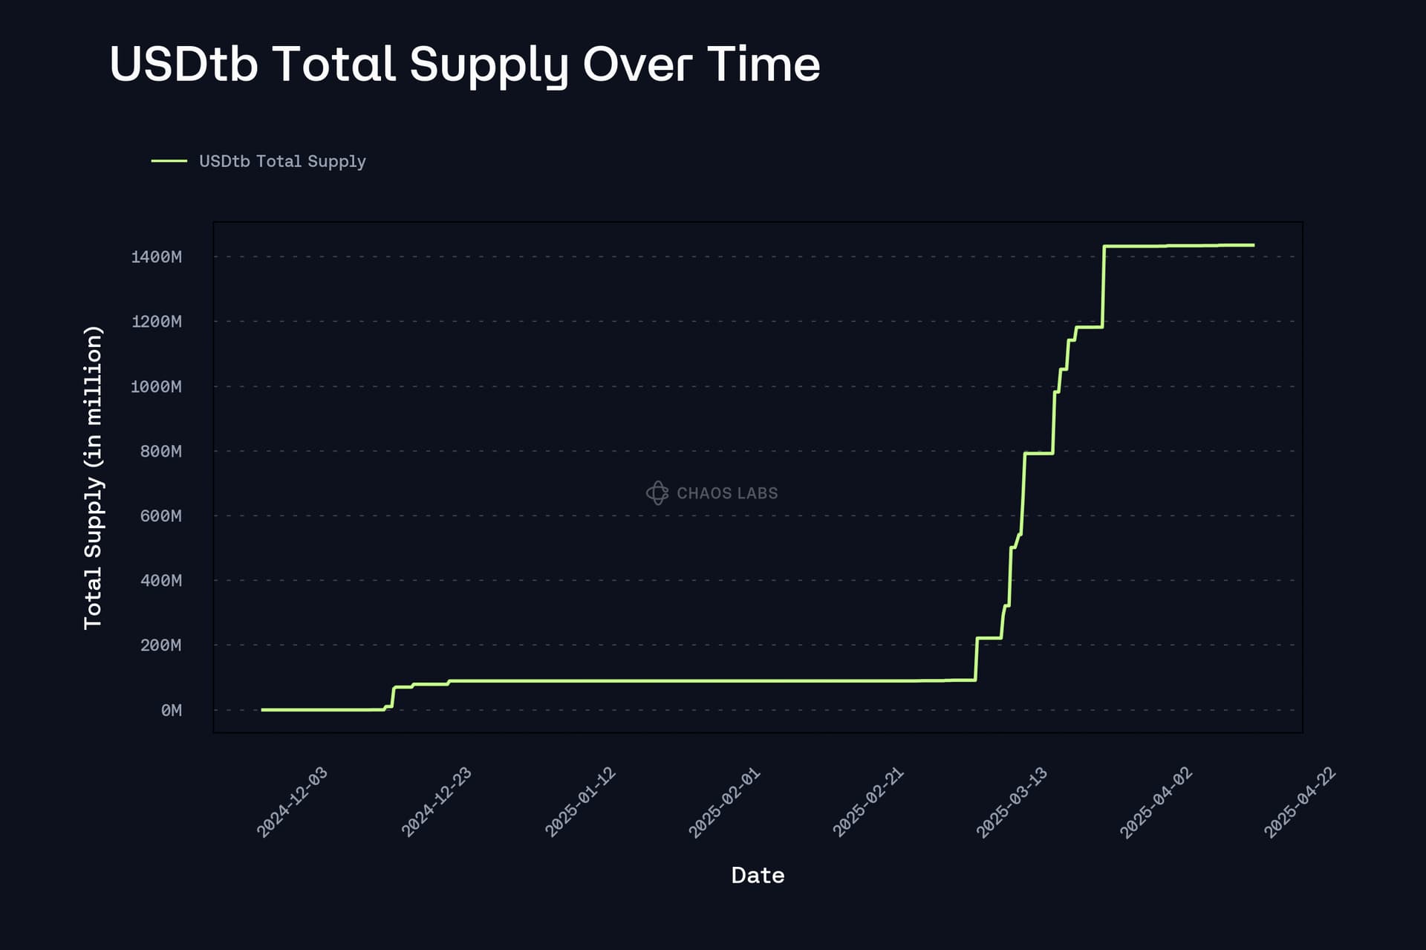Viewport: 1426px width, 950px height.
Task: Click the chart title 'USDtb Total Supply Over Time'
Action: (464, 64)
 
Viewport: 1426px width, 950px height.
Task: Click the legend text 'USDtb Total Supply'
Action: (282, 161)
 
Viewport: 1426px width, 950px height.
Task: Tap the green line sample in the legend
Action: (169, 160)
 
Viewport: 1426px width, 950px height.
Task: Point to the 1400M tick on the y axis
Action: (156, 257)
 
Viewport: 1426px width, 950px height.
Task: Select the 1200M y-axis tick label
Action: (156, 322)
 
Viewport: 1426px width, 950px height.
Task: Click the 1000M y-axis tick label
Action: (156, 386)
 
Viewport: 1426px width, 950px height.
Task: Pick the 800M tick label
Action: (160, 451)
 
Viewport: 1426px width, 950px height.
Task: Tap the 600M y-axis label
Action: (160, 515)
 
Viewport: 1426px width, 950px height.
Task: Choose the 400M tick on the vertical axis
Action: (160, 580)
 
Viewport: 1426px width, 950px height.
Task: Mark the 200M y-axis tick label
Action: (160, 645)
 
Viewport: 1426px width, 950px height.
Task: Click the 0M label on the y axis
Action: (171, 710)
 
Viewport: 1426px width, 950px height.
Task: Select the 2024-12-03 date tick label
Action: (292, 802)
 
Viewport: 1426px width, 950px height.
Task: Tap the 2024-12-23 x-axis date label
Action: (437, 802)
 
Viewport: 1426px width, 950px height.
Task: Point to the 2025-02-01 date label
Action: (724, 802)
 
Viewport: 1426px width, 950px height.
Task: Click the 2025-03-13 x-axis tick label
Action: (1012, 802)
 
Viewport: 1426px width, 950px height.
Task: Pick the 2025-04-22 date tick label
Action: (1300, 802)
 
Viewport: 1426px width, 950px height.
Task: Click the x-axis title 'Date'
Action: (758, 875)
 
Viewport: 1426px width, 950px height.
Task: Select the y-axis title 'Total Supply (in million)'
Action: (93, 478)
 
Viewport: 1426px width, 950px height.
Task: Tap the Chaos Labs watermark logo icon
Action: (657, 492)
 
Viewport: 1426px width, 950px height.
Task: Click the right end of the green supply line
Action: (1253, 245)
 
